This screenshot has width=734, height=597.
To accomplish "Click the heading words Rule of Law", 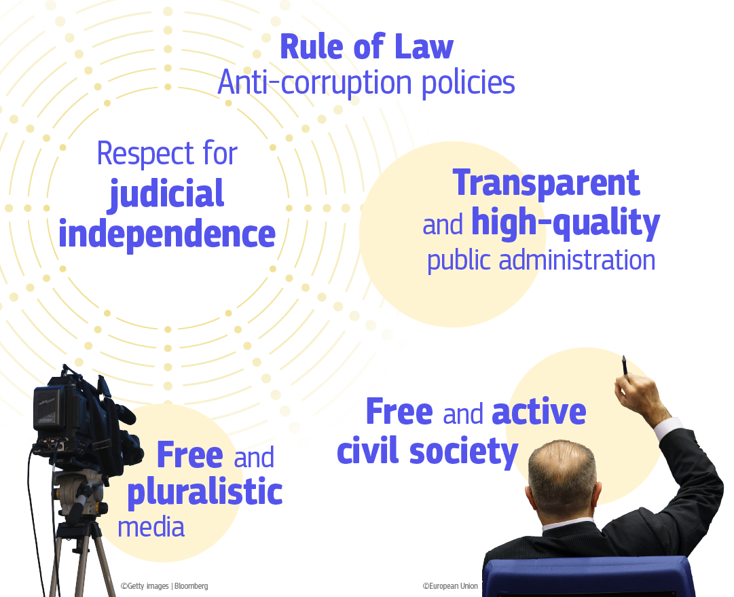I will [x=366, y=48].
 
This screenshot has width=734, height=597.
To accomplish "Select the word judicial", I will [x=167, y=194].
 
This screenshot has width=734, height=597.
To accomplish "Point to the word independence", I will [x=167, y=234].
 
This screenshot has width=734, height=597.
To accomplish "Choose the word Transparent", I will [x=546, y=183].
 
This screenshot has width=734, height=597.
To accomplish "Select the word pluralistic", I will [x=204, y=492].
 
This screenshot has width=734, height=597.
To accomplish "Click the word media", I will [x=151, y=527].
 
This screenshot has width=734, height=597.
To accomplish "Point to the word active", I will [x=538, y=412].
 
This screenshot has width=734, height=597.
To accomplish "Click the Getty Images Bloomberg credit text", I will [x=164, y=585].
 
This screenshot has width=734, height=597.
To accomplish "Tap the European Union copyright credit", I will [x=450, y=585].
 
